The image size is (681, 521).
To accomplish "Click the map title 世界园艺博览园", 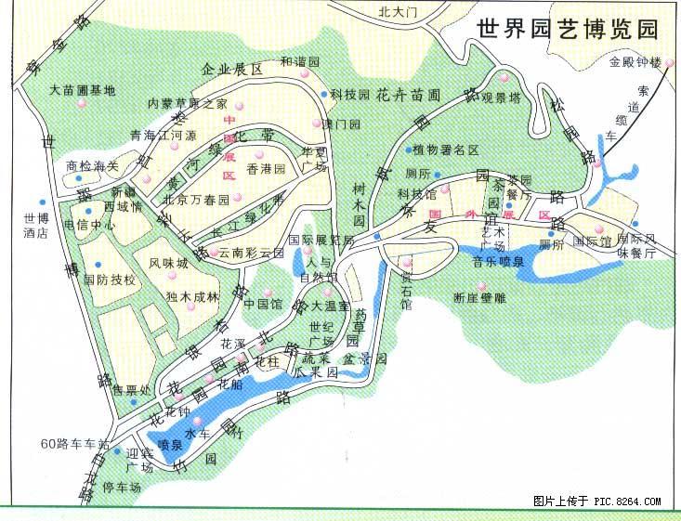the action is pos(566,29).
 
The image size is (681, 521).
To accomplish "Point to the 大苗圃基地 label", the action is pos(83,90).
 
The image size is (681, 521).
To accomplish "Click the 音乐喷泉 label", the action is pos(498,262).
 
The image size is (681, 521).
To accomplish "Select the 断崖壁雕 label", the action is pos(480,298).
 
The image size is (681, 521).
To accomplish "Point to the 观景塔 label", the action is pos(510,97).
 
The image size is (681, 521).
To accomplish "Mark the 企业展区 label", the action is pos(228,70).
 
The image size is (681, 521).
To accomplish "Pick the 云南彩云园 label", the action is pos(251,253).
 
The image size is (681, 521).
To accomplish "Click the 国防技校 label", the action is pos(110,279).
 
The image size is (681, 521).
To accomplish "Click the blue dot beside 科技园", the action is pos(324,94).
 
